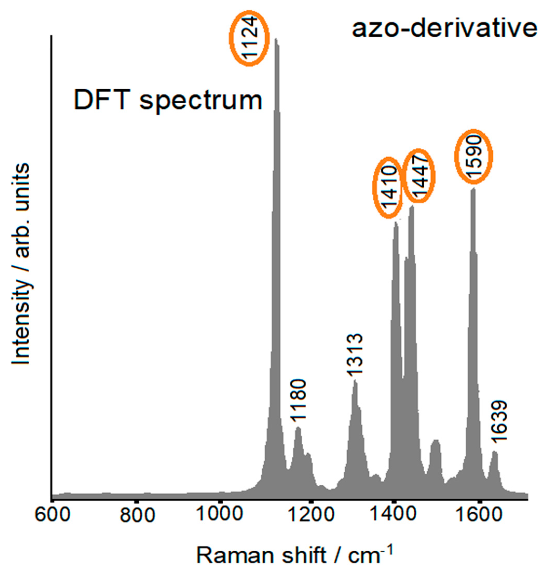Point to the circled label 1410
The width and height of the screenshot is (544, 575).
[388, 188]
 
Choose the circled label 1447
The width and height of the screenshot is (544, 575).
[419, 176]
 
